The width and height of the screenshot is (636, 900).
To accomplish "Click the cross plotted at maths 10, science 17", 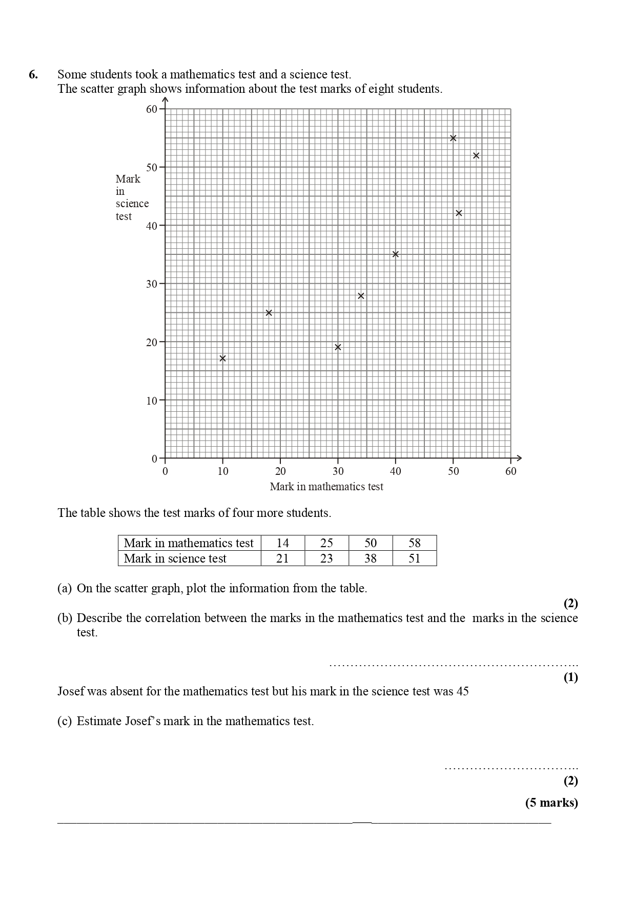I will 222,358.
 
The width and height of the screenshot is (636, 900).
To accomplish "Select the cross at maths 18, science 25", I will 269,313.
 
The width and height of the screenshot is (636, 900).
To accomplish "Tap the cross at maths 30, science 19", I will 338,347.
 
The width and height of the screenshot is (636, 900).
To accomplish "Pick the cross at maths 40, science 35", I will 395,254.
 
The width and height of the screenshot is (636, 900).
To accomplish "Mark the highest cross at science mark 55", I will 453,138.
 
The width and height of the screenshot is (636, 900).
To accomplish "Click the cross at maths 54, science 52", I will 476,155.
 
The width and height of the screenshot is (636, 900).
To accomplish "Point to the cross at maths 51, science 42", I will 459,213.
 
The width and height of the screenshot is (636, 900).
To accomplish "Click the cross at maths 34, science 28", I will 361,296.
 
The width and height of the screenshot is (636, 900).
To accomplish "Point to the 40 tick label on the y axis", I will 151,226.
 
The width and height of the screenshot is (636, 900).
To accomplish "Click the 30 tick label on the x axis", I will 338,471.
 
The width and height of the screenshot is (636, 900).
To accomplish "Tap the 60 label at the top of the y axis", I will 151,109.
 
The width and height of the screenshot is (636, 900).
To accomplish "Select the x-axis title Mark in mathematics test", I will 326,487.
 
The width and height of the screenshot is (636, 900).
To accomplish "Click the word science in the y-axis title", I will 132,204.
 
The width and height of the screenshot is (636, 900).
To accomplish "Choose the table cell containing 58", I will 414,543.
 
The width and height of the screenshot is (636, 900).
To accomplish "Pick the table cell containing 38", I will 370,558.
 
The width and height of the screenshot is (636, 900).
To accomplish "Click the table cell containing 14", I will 282,543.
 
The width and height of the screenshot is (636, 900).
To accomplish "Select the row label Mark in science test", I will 175,558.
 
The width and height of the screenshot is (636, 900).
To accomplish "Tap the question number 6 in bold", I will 33,74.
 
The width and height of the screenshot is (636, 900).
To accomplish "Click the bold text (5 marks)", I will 551,803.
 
